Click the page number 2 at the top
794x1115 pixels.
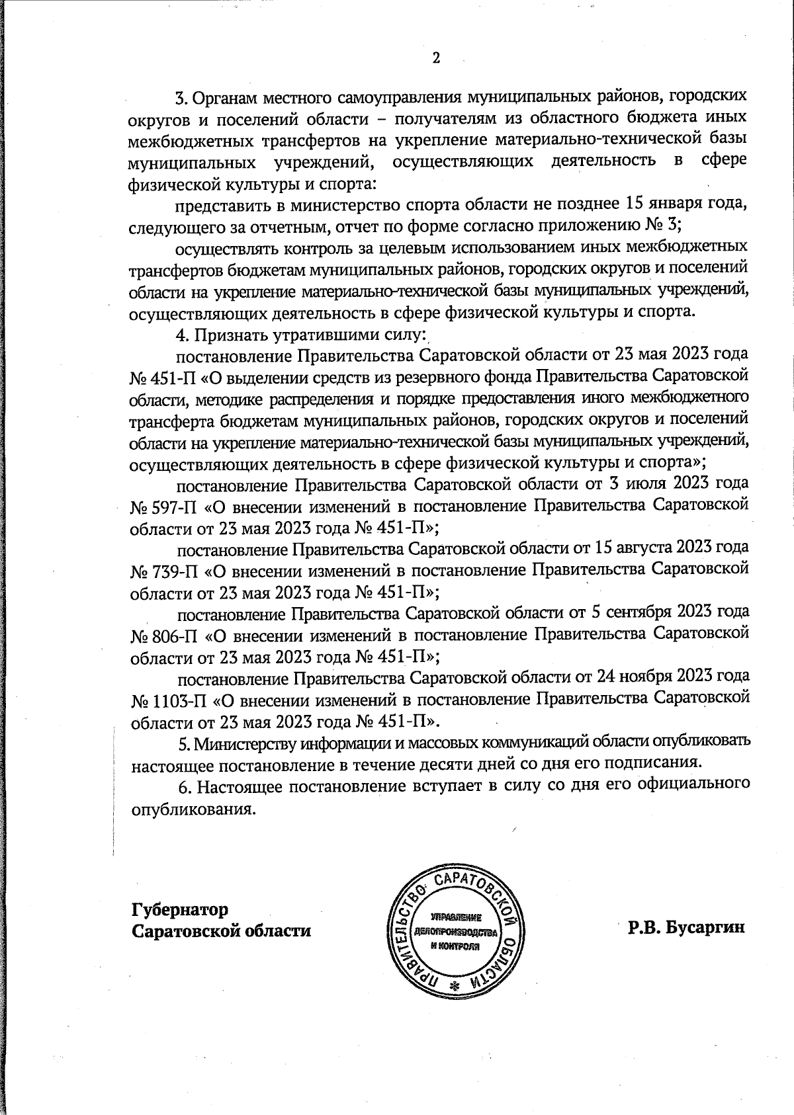[436, 58]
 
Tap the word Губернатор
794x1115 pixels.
[180, 909]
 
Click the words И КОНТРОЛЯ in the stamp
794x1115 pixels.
[455, 946]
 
